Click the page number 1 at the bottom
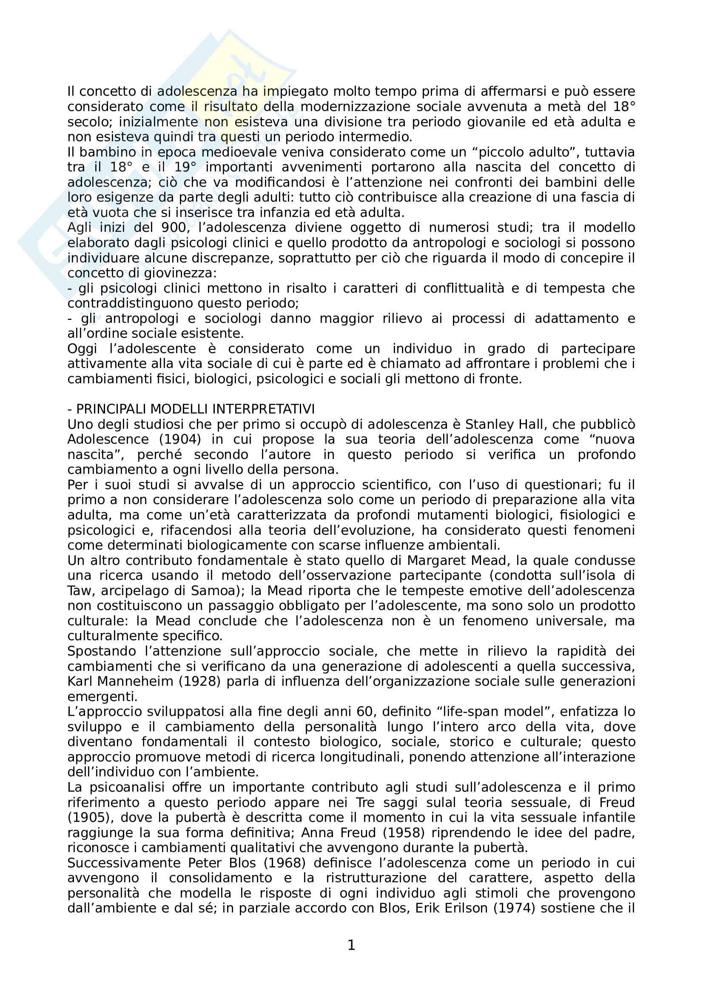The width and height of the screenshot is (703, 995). coord(351,945)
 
